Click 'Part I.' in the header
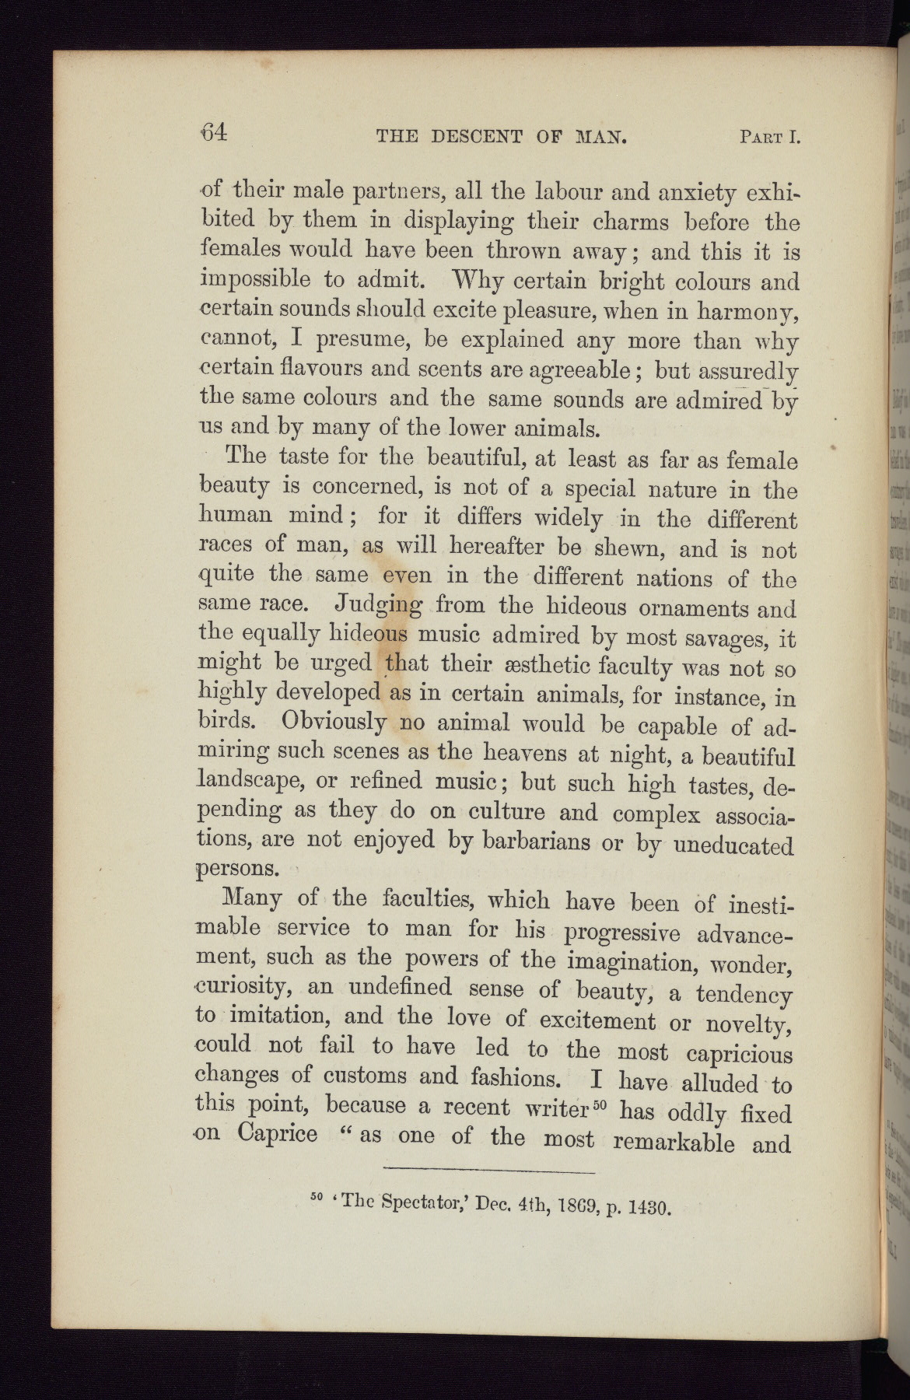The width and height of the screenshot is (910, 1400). click(769, 138)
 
